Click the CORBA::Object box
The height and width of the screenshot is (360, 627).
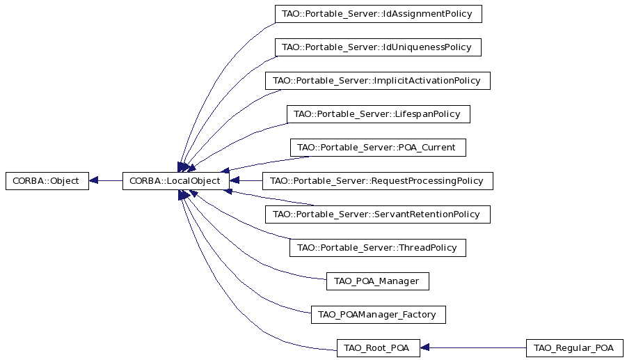point(47,181)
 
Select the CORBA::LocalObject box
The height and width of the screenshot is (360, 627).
point(175,181)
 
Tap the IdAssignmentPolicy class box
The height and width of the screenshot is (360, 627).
point(379,14)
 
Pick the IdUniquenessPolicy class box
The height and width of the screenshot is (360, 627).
point(378,47)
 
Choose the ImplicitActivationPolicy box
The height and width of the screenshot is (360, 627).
point(377,81)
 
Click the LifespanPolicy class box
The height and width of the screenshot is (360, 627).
point(379,114)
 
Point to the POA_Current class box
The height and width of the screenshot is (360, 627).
point(378,148)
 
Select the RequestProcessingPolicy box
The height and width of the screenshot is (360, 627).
point(377,181)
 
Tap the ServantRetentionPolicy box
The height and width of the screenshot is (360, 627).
point(377,214)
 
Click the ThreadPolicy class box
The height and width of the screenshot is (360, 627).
point(377,248)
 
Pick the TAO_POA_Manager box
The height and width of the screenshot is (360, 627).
point(377,281)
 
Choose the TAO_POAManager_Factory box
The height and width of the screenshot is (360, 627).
point(379,315)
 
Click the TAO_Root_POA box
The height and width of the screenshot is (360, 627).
point(379,348)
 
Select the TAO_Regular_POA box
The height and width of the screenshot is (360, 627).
point(575,348)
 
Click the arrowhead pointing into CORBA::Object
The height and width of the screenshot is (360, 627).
point(93,181)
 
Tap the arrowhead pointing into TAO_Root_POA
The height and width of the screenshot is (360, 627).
point(424,348)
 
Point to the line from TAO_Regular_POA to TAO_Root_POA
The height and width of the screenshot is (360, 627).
point(473,348)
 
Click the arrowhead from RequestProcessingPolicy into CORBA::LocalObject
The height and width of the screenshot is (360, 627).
point(235,181)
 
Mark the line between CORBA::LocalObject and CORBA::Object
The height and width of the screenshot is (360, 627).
point(106,181)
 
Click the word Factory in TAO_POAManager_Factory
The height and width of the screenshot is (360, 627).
point(420,315)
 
